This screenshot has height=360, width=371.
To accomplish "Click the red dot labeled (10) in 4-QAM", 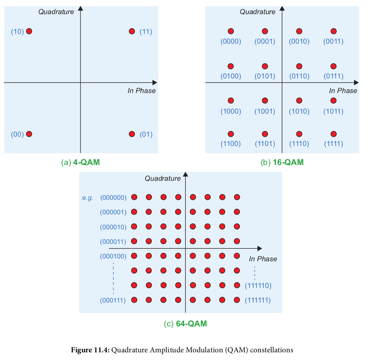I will pyautogui.click(x=29, y=31).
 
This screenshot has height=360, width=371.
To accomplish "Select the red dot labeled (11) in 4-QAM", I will pyautogui.click(x=131, y=31).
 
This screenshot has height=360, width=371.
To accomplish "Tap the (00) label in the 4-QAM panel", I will pyautogui.click(x=17, y=134).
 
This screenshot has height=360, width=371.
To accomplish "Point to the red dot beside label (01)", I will pyautogui.click(x=131, y=134).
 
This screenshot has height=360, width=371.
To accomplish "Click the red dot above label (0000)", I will pyautogui.click(x=231, y=31).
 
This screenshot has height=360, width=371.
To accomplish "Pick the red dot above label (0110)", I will pyautogui.click(x=299, y=66).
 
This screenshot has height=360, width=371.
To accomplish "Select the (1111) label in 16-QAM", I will pyautogui.click(x=333, y=144).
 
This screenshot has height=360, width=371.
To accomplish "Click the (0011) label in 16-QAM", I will pyautogui.click(x=333, y=41).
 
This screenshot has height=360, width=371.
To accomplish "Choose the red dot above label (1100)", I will pyautogui.click(x=231, y=134).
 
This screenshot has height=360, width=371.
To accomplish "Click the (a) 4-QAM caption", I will pyautogui.click(x=80, y=163).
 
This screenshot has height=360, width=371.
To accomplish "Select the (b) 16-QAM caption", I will pyautogui.click(x=282, y=163).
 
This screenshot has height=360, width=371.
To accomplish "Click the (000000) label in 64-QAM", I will pyautogui.click(x=113, y=197).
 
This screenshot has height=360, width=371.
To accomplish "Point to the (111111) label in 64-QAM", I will pyautogui.click(x=258, y=301).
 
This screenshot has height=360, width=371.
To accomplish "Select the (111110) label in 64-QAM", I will pyautogui.click(x=258, y=286).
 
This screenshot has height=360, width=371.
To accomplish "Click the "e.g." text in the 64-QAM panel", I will pyautogui.click(x=88, y=198).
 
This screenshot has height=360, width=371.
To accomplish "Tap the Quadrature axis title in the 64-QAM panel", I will pyautogui.click(x=163, y=178).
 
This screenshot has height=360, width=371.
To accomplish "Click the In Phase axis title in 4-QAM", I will pyautogui.click(x=142, y=91).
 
